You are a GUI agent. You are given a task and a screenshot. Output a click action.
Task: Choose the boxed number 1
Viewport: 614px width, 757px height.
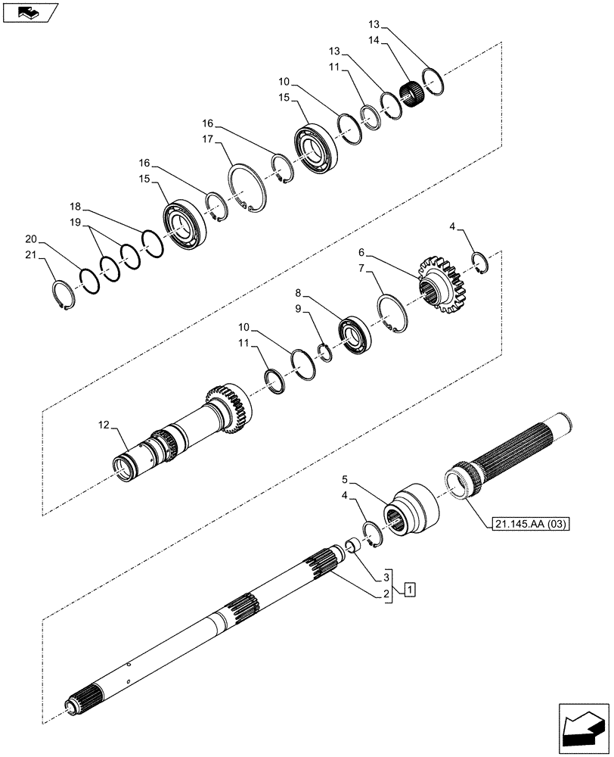tap(408, 588)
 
